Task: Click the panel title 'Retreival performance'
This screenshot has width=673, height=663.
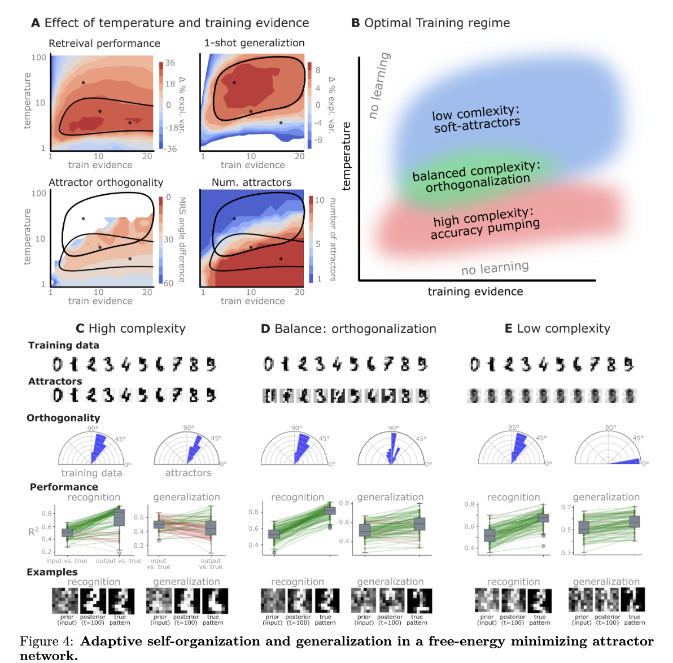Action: coord(104,43)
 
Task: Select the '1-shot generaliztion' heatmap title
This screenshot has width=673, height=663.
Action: coord(254,43)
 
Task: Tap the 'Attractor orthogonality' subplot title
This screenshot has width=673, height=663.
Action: coord(106,182)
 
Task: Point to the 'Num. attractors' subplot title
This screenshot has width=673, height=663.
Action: coord(251,182)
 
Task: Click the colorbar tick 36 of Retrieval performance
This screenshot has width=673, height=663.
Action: coord(170,63)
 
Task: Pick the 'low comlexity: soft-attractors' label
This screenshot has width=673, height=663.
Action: coord(476,119)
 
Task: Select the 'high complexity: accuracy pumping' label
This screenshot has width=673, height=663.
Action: coord(484,223)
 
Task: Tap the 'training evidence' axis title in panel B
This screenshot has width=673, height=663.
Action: coord(475,291)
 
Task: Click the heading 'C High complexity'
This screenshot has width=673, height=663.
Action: coord(130,329)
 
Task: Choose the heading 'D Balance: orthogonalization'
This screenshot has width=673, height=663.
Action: coord(348,329)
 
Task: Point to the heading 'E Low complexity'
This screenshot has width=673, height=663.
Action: coord(557,329)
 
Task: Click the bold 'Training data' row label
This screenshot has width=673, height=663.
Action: coord(64,345)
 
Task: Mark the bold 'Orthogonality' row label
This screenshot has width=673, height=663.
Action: coord(63,418)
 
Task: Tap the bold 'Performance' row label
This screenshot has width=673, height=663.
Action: coord(64,487)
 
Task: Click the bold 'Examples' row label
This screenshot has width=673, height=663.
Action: coord(52,572)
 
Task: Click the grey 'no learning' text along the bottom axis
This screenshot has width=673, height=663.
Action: coord(495,268)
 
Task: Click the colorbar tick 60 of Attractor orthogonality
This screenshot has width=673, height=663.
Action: coord(168,283)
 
